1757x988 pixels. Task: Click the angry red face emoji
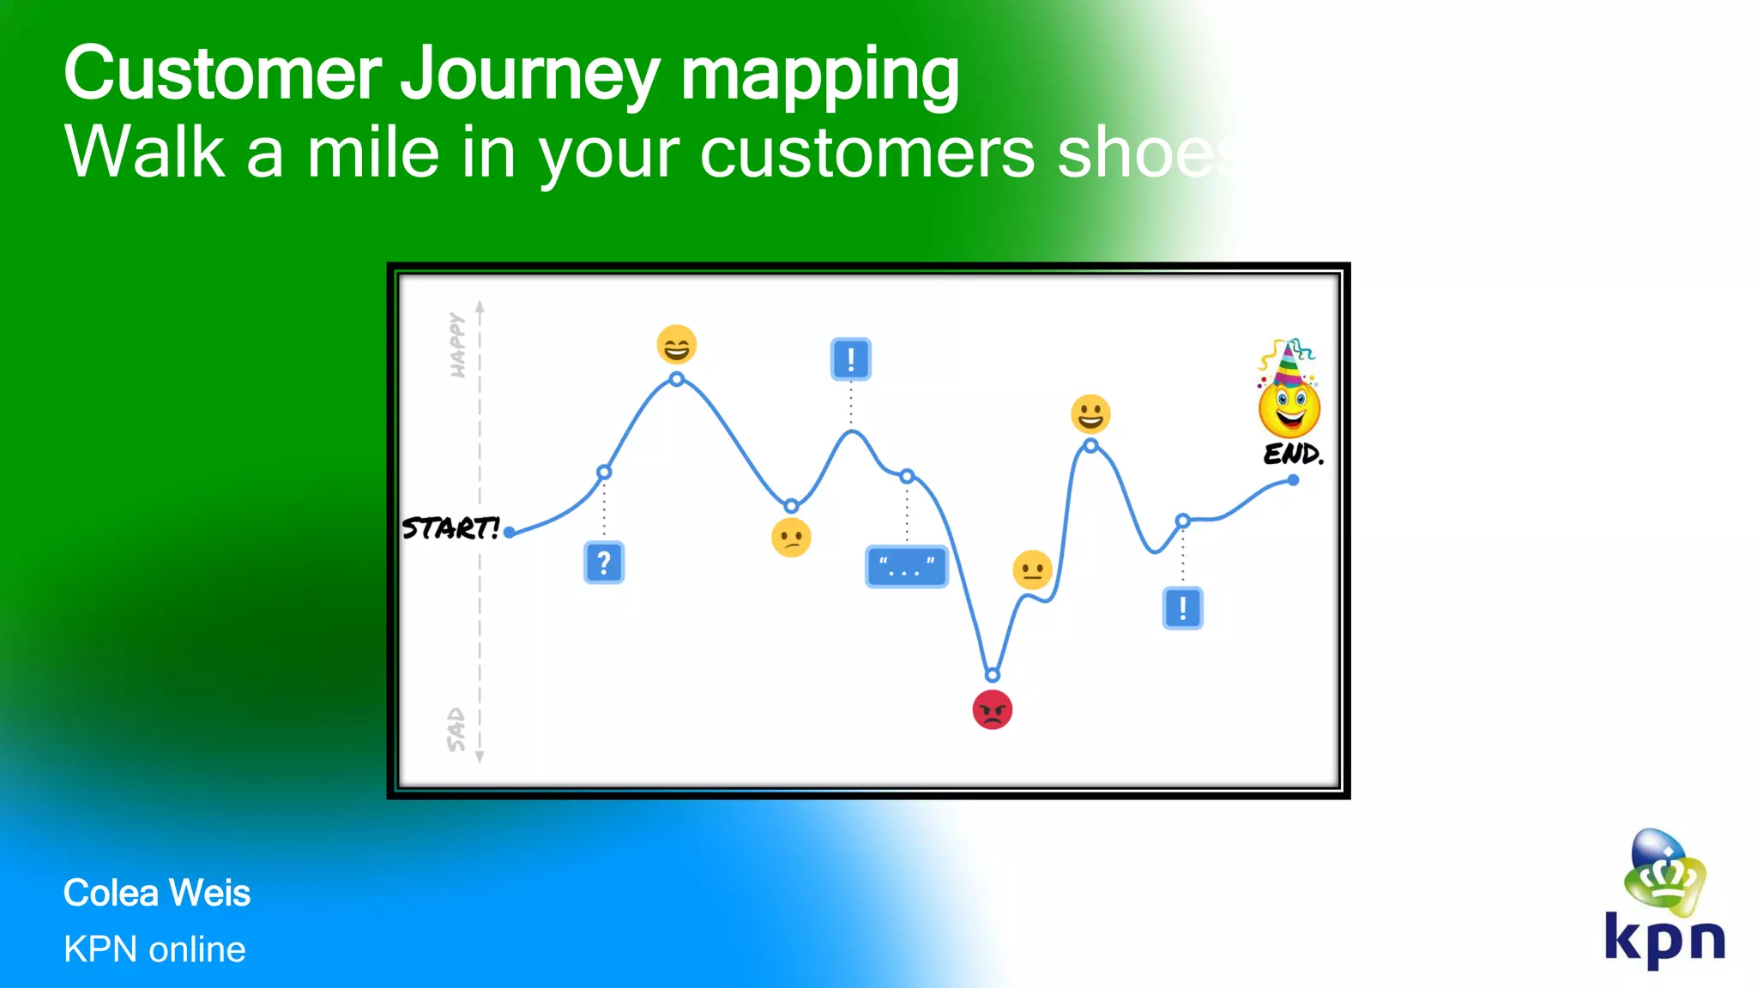click(x=993, y=710)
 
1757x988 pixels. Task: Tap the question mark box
click(x=604, y=563)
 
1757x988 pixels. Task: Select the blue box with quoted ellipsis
click(x=907, y=566)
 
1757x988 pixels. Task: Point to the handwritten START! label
click(x=451, y=528)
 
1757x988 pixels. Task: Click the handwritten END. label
click(x=1294, y=454)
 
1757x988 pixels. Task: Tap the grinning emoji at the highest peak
click(x=676, y=345)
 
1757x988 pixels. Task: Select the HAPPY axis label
click(x=457, y=345)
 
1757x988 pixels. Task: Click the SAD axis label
click(x=456, y=730)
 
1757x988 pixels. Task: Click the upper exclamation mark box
click(x=851, y=358)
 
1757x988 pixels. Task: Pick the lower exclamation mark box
click(x=1182, y=608)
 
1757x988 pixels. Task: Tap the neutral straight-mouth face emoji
click(x=1032, y=570)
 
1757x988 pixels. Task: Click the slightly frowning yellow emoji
click(x=791, y=538)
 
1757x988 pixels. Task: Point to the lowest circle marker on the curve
click(x=993, y=675)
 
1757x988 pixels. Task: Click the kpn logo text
click(x=1664, y=940)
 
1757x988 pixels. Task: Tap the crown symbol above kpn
click(x=1665, y=875)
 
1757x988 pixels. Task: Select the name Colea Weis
click(x=157, y=894)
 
